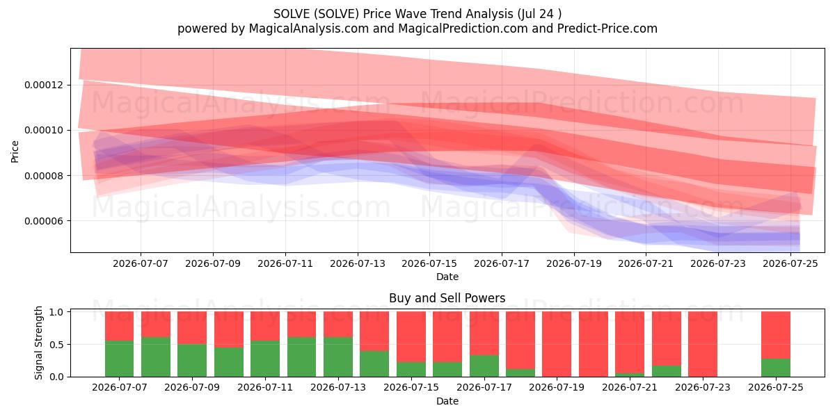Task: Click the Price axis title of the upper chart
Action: (x=15, y=152)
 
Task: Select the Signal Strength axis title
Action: (x=38, y=343)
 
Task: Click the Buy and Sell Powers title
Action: (x=447, y=298)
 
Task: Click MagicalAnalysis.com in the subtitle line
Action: (x=309, y=28)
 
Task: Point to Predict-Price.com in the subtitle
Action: (x=607, y=28)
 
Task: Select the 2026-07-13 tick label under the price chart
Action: (x=358, y=263)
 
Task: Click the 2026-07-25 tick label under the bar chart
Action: (x=776, y=387)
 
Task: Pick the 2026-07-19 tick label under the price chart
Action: (x=574, y=263)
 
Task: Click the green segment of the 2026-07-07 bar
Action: (x=119, y=359)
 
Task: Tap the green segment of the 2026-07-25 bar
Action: (x=776, y=368)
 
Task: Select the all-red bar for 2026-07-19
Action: (x=557, y=344)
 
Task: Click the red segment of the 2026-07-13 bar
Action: (x=338, y=325)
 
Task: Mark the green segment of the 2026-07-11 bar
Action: (x=265, y=359)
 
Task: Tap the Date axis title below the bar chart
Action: (x=447, y=401)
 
